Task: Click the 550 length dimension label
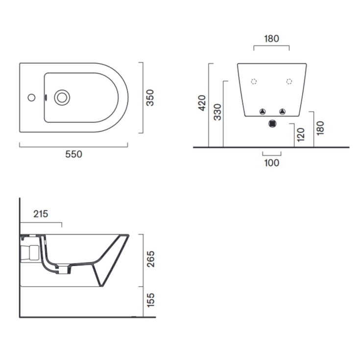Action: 73,154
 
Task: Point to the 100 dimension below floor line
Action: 271,163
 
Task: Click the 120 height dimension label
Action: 300,133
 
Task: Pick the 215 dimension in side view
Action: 41,214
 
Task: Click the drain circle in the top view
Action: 62,97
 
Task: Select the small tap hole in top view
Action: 31,97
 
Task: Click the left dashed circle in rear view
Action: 254,81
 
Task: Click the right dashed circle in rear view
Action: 289,81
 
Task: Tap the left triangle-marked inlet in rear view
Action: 263,111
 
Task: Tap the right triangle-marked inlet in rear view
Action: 282,111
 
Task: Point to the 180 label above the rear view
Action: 271,39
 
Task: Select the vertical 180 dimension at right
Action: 320,127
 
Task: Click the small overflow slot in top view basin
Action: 46,97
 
